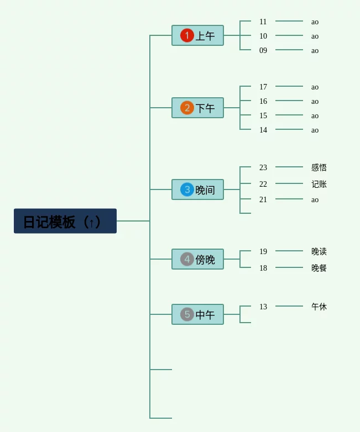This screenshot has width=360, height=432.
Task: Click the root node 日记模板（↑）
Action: tap(65, 221)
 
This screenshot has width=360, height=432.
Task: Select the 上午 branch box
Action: tap(198, 35)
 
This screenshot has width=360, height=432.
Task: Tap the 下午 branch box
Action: tap(198, 108)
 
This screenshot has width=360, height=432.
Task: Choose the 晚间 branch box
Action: tap(198, 189)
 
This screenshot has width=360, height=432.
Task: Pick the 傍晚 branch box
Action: tap(198, 259)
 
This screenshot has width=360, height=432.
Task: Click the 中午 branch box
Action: tap(198, 314)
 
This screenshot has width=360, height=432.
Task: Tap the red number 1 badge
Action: tap(187, 35)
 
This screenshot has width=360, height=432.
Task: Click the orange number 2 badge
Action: tap(187, 108)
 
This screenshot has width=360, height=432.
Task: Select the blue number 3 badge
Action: tap(187, 189)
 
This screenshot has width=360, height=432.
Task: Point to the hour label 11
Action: tap(263, 22)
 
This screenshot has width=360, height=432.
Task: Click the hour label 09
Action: tap(263, 50)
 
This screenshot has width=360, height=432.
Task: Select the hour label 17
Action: tap(263, 87)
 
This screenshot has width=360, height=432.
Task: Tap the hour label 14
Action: tap(263, 130)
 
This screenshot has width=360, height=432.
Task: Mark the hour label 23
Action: tap(263, 167)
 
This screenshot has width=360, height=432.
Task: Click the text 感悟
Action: tap(319, 167)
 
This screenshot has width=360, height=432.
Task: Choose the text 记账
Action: tap(319, 184)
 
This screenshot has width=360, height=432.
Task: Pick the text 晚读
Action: tap(319, 251)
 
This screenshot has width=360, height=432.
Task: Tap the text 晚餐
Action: tap(319, 268)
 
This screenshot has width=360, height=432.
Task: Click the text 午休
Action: tap(319, 307)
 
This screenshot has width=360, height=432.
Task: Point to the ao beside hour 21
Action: tap(315, 199)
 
